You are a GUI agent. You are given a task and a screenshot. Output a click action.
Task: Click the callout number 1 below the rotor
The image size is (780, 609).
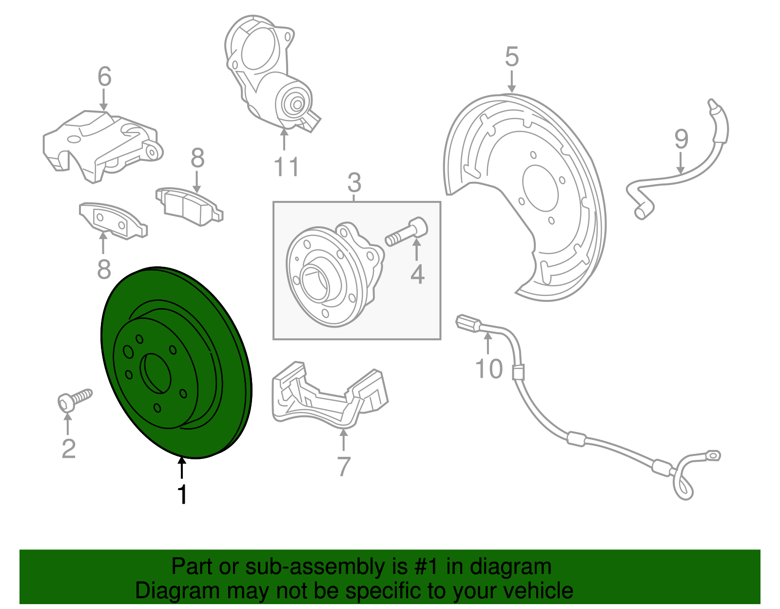(182, 494)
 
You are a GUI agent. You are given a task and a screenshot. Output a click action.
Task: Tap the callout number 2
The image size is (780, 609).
(69, 449)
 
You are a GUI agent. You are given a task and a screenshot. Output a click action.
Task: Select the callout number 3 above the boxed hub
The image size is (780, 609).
(354, 183)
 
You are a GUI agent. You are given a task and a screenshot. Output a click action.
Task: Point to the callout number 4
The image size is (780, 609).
(417, 274)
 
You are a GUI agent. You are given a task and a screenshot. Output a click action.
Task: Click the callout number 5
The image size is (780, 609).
(512, 57)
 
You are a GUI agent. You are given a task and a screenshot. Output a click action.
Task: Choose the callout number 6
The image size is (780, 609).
(104, 77)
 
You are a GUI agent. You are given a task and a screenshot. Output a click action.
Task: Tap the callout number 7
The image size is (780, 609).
(344, 467)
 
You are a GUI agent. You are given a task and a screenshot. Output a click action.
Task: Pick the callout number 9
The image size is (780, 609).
(681, 139)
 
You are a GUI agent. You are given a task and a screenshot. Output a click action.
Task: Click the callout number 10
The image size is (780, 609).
(489, 369)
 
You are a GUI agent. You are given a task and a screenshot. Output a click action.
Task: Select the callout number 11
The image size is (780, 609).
(286, 167)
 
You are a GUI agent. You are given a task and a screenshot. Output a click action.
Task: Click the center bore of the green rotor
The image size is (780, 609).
(156, 373)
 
